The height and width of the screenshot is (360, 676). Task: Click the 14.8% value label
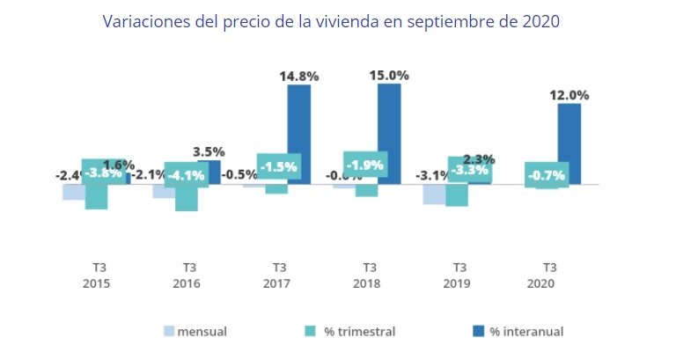point(299,77)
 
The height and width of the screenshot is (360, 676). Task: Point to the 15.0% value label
point(389,75)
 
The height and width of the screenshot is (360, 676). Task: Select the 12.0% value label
point(569,95)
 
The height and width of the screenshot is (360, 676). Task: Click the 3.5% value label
point(209,151)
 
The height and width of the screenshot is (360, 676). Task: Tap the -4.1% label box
point(187,174)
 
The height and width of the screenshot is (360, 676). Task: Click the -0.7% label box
point(547,174)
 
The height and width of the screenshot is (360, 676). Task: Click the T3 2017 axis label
point(276,275)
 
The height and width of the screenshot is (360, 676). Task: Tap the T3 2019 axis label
point(457,275)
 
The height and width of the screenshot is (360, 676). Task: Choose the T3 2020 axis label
point(547,275)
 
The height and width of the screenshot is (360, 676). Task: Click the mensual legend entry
point(195,332)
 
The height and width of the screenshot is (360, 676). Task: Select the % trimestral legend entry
point(350,332)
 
